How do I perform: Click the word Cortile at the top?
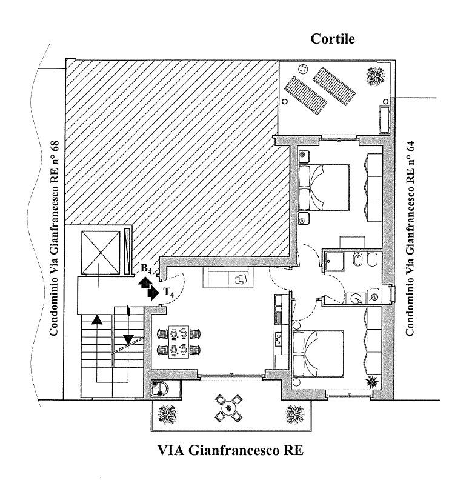[333, 39]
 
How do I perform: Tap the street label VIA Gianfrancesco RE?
[231, 450]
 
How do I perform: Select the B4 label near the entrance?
[146, 268]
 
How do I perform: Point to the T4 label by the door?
[168, 292]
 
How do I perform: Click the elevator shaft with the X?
[101, 253]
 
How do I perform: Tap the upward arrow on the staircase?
[97, 319]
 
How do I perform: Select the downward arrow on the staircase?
[128, 339]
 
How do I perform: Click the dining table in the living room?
[179, 342]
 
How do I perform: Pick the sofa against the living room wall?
[228, 278]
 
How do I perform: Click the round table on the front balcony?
[228, 408]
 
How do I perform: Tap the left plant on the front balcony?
[167, 414]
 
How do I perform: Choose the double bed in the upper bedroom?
[324, 188]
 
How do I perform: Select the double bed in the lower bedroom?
[318, 354]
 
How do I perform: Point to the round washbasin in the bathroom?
[355, 299]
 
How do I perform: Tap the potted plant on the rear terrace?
[376, 76]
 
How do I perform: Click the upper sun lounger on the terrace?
[334, 87]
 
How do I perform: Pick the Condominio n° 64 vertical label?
[410, 238]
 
